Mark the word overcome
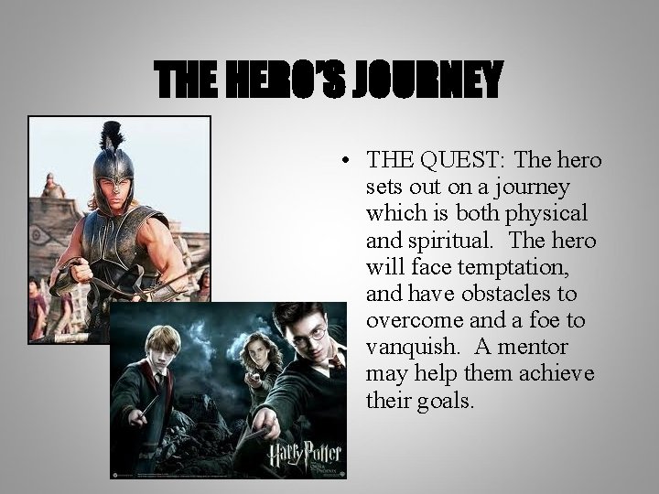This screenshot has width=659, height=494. [x=408, y=321]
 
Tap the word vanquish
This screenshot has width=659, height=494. [x=405, y=348]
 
